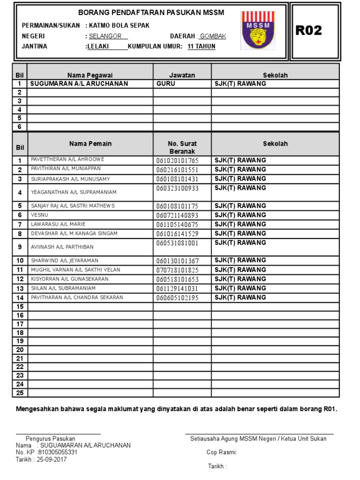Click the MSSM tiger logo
(258, 30)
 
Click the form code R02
(309, 31)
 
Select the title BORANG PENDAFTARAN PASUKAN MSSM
(151, 13)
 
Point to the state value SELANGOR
(105, 36)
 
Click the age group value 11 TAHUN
(202, 46)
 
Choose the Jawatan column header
(182, 75)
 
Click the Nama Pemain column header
(90, 143)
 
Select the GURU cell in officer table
(166, 83)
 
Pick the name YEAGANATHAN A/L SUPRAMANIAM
(74, 192)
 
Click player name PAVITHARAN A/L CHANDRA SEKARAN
(77, 297)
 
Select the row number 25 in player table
(20, 393)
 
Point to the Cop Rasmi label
(222, 452)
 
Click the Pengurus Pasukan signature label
(50, 438)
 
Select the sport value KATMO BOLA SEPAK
(117, 25)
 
